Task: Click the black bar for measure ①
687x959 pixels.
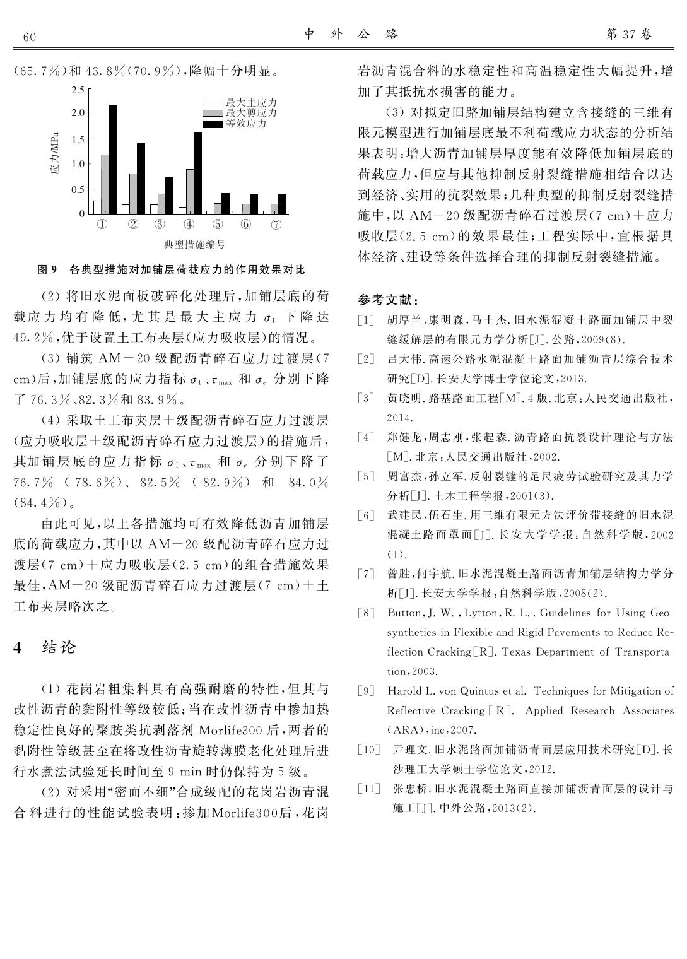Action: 112,160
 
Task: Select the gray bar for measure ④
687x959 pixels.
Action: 190,192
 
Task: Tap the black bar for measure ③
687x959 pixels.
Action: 169,196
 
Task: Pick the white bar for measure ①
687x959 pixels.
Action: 97,207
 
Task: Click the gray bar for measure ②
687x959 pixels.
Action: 133,194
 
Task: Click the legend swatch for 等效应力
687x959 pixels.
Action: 213,124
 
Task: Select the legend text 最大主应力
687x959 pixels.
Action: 251,102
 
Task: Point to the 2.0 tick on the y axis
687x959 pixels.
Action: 78,114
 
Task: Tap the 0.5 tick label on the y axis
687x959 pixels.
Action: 78,189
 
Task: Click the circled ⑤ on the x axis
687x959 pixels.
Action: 218,224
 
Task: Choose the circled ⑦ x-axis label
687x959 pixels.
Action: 276,224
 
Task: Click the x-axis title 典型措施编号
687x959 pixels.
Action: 195,244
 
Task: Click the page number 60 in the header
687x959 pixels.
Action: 30,37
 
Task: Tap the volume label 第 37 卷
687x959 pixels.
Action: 629,35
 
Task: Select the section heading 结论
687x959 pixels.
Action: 59,647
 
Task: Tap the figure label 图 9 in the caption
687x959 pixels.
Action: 47,270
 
